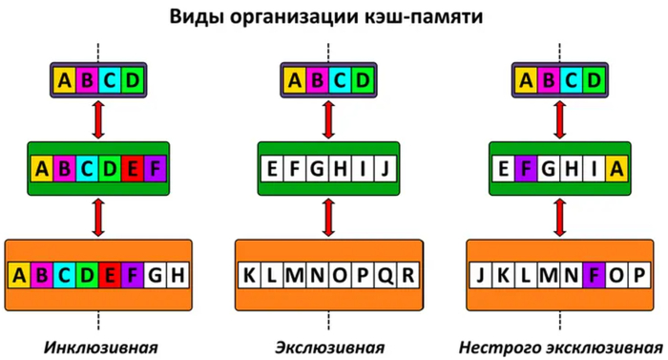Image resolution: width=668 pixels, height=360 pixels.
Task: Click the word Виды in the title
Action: click(x=196, y=17)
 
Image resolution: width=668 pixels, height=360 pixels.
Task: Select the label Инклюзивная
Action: click(x=100, y=348)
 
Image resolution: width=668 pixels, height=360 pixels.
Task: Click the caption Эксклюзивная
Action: click(x=329, y=348)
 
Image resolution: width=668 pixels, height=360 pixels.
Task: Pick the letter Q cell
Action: click(x=386, y=276)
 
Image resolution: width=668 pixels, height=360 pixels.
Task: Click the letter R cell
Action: click(x=407, y=276)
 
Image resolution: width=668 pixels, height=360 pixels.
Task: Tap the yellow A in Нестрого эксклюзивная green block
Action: click(x=616, y=168)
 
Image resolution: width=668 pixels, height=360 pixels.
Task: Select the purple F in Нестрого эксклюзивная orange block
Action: click(x=594, y=276)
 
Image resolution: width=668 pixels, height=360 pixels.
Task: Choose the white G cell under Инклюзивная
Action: click(x=155, y=276)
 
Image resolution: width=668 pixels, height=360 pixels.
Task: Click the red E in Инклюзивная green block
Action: click(x=133, y=168)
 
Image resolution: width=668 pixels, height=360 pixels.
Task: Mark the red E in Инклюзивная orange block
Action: click(x=110, y=276)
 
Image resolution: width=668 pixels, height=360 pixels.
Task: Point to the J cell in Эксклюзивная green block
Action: click(x=386, y=168)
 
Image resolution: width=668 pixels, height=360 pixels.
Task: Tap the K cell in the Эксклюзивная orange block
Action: click(x=249, y=276)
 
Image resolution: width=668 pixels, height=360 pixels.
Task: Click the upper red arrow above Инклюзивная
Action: click(x=98, y=120)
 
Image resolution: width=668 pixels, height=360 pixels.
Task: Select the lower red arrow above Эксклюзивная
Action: click(x=328, y=218)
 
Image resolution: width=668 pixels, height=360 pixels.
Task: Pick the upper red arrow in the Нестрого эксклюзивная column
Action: click(x=560, y=120)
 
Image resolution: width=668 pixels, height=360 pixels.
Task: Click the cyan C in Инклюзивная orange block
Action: click(x=64, y=276)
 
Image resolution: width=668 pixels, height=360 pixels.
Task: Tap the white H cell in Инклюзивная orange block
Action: click(x=177, y=276)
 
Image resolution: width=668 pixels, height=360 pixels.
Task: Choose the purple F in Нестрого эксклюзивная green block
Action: click(x=526, y=168)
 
